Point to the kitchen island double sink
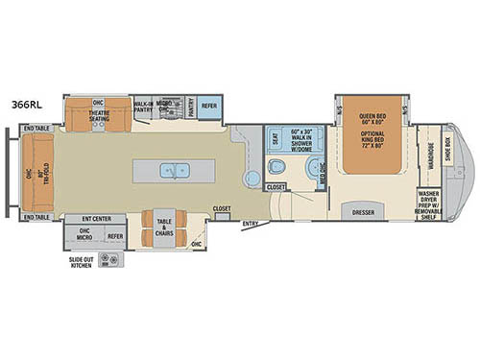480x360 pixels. click(176, 171)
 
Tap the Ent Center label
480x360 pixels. click(97, 220)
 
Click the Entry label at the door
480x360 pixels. click(251, 225)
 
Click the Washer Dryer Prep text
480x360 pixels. click(429, 203)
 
